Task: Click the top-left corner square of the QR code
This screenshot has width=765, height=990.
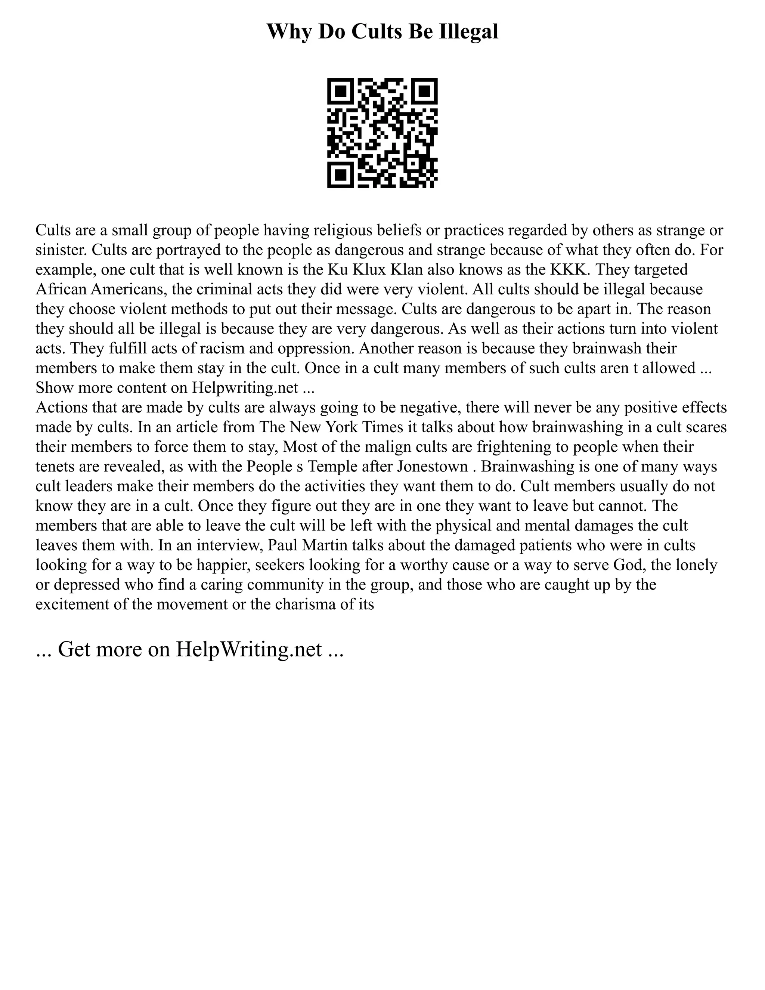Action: point(340,91)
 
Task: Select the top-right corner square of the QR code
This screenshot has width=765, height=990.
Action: point(425,91)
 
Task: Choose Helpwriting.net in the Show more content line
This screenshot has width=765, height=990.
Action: point(245,387)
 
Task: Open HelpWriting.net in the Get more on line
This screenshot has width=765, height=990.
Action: point(248,649)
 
